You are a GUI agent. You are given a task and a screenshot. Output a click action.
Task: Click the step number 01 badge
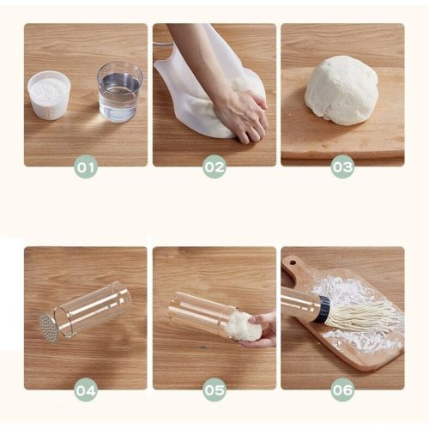[86, 166]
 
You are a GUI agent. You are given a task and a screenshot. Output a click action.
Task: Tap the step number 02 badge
[214, 166]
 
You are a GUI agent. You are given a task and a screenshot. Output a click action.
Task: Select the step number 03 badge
[342, 166]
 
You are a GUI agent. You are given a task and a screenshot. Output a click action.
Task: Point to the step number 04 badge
[86, 390]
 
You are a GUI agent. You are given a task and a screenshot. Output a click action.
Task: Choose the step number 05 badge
[214, 390]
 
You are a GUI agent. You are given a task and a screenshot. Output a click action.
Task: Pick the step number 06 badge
[342, 390]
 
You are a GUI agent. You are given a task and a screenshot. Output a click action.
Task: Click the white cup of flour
[49, 95]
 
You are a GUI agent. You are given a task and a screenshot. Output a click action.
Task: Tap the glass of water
[120, 92]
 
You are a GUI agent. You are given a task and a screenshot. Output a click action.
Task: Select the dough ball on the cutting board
[341, 90]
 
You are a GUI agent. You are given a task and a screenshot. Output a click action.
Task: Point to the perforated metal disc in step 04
[49, 328]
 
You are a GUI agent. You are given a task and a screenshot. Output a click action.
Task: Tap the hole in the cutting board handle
[293, 262]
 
